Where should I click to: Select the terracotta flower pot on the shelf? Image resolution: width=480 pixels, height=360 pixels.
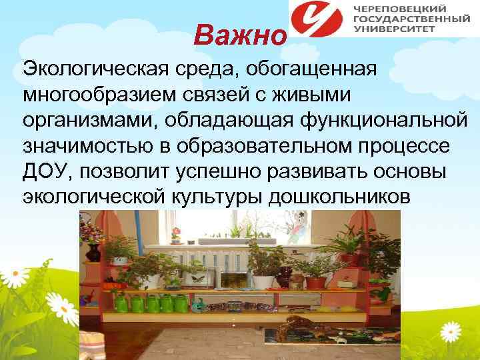[x=315, y=282]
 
